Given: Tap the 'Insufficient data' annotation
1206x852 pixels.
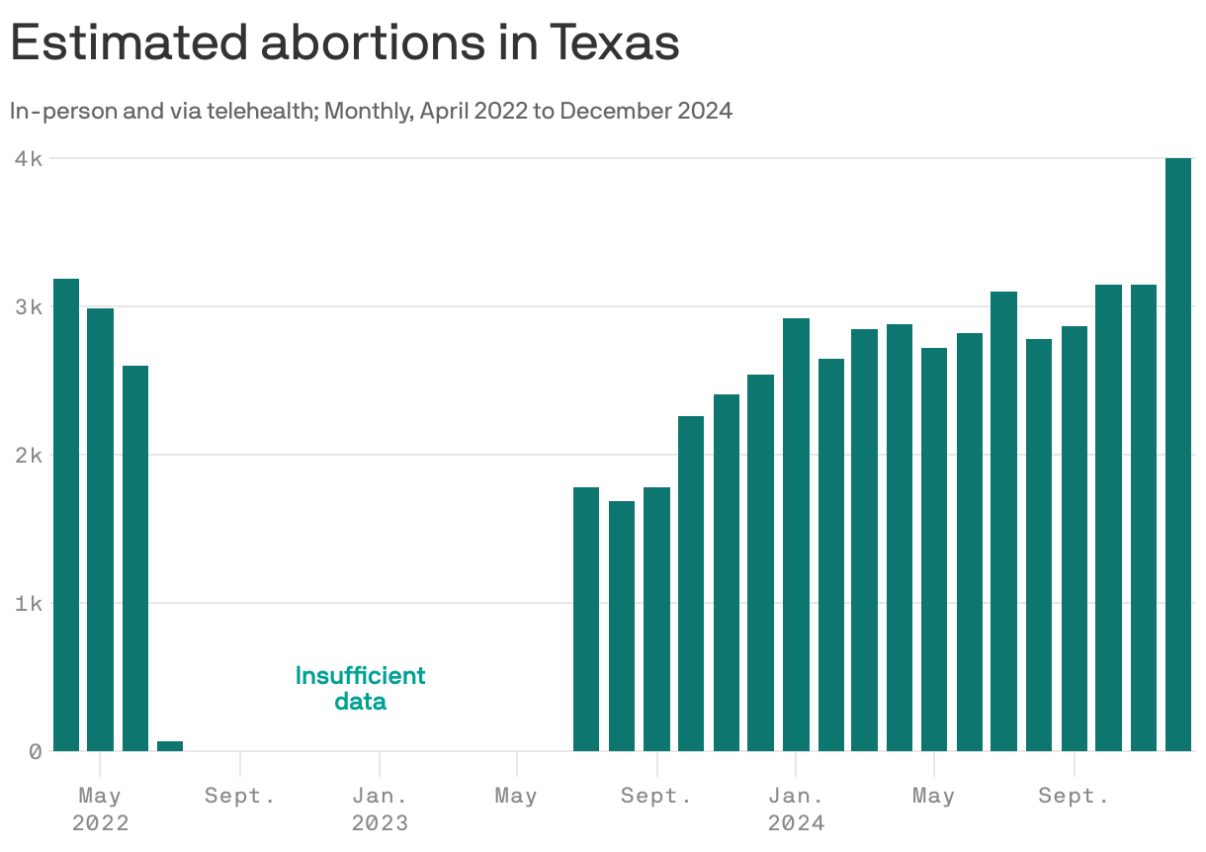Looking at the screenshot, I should coord(360,689).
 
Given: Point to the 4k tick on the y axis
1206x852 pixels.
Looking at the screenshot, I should coord(28,158).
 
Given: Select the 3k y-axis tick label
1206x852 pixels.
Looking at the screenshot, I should coord(28,306).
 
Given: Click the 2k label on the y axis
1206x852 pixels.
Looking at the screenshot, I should coord(28,455).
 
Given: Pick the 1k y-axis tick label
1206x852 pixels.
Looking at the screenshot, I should coord(28,603).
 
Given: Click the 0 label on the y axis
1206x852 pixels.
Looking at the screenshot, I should coord(35,751).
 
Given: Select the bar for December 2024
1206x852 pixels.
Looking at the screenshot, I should coord(1177,455).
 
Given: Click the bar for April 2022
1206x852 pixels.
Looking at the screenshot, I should coord(66,515).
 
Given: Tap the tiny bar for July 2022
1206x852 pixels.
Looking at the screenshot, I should coord(170,745).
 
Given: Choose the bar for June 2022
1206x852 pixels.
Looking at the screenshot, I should coord(135,558).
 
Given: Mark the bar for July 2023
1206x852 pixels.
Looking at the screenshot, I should coord(586,619).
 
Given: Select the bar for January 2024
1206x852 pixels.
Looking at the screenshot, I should coord(796,535).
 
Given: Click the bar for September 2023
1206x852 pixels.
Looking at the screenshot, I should coord(656,619).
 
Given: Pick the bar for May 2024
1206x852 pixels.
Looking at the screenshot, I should coord(934,550).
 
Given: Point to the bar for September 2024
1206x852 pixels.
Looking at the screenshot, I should coord(1074,539).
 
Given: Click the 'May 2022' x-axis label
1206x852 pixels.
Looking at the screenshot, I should coord(100,809).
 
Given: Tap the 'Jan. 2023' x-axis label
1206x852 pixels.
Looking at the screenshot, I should coord(380,809).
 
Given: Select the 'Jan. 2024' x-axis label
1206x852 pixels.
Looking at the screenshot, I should coord(796,809).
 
